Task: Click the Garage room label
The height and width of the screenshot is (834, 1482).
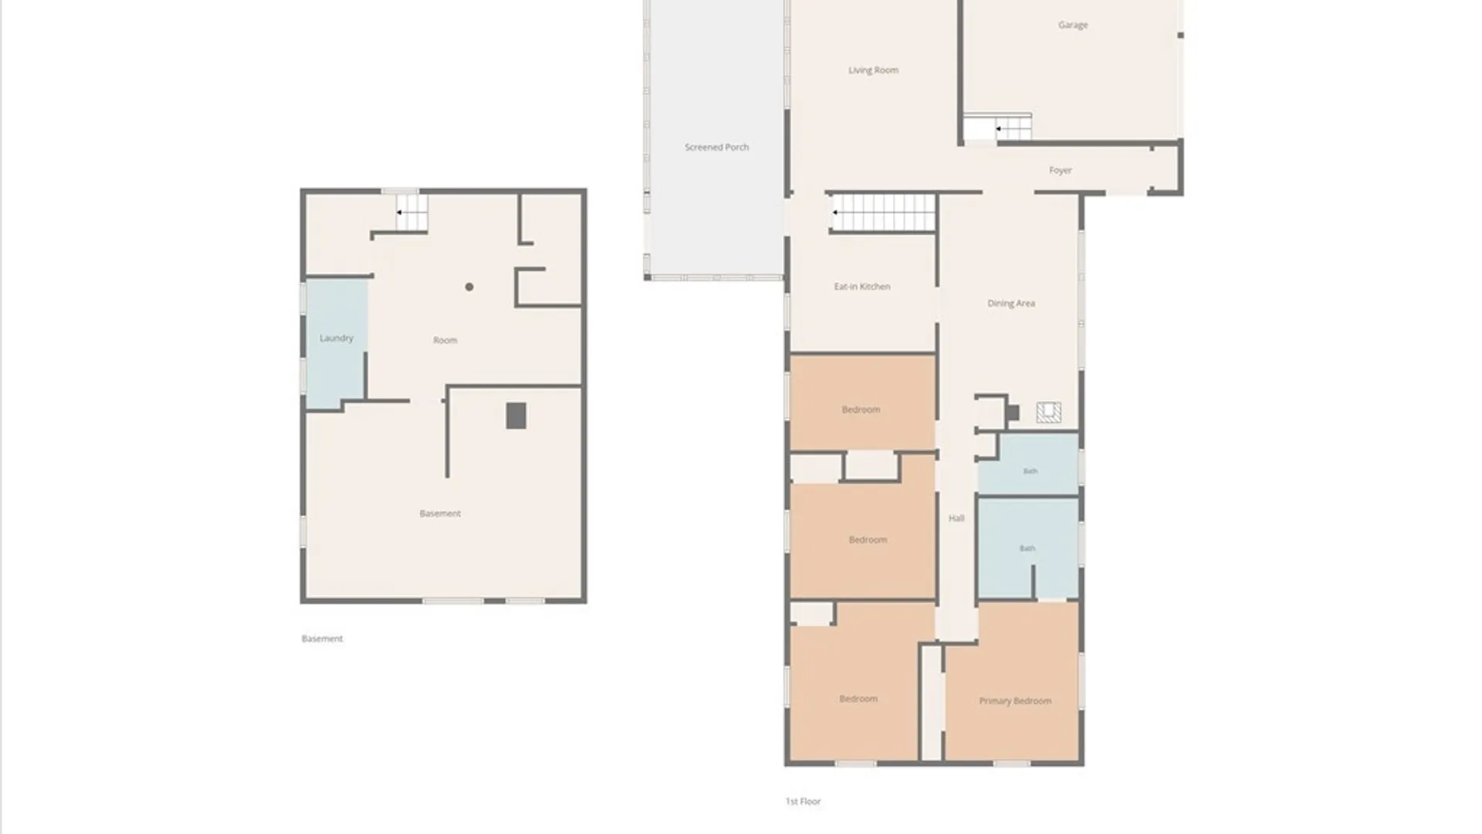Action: click(1073, 25)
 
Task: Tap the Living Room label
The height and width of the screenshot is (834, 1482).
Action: click(873, 70)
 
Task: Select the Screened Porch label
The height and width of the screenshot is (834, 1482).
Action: click(716, 147)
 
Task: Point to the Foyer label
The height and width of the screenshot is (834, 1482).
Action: click(1060, 171)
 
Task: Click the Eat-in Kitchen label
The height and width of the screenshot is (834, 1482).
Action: click(862, 286)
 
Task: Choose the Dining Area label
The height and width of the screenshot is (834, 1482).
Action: click(1011, 303)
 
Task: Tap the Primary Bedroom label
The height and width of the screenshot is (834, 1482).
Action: click(1015, 701)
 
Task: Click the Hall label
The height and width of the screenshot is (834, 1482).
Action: click(956, 518)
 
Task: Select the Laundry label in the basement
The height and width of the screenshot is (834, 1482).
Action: click(337, 338)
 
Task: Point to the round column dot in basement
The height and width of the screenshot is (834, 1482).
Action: click(469, 287)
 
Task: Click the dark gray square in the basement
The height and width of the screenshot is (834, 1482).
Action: click(516, 416)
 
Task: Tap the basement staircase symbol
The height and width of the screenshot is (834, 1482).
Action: click(411, 212)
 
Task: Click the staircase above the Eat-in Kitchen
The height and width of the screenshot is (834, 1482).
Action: click(883, 212)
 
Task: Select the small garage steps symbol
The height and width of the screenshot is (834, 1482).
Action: click(1013, 128)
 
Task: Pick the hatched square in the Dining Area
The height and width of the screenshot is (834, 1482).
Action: click(1048, 412)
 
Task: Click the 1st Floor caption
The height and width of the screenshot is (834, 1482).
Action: click(803, 802)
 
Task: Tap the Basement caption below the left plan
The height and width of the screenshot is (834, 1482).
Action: click(322, 639)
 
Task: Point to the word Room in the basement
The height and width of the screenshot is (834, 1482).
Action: click(445, 341)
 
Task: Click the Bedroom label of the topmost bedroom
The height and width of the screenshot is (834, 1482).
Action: click(861, 410)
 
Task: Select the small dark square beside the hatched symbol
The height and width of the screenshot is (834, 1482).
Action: click(1013, 413)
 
